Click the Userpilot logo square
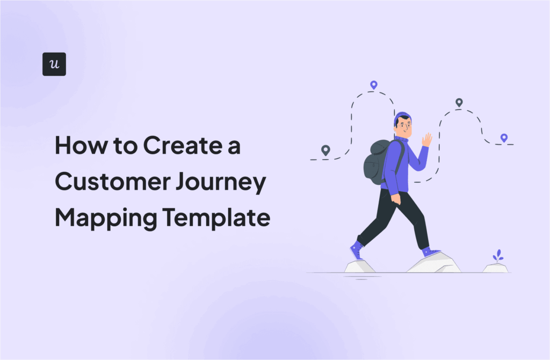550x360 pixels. (x=54, y=64)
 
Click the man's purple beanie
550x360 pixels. (x=401, y=117)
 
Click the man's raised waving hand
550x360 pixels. (x=427, y=140)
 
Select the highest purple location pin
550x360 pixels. (x=374, y=85)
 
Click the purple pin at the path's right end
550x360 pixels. (x=504, y=138)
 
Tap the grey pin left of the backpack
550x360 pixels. (x=325, y=150)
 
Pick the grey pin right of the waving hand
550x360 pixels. (x=459, y=102)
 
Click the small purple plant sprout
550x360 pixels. (x=498, y=256)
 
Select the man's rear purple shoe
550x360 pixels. (x=356, y=249)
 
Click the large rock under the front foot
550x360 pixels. (x=435, y=263)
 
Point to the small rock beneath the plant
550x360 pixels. (x=495, y=268)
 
